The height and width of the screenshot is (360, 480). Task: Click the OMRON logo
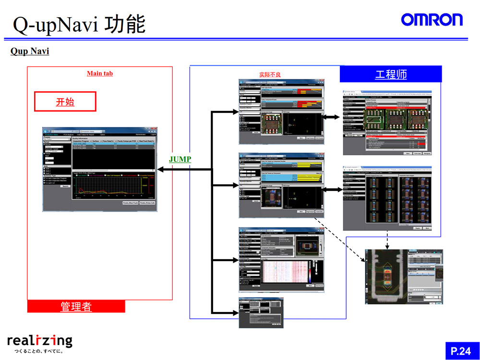tap(432, 19)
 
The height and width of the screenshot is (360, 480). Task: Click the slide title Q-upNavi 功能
tap(79, 24)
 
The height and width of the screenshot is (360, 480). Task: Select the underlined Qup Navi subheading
tap(30, 51)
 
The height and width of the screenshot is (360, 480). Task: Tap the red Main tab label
tap(100, 73)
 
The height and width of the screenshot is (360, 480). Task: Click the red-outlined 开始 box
tap(65, 102)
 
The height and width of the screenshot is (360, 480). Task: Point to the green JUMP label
tap(180, 159)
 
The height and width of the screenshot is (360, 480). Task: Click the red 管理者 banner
tap(76, 306)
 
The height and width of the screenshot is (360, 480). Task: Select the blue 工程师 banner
tap(391, 74)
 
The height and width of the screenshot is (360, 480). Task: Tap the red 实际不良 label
tap(270, 74)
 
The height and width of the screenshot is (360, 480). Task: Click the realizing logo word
tap(40, 341)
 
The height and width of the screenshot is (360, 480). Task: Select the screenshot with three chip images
tap(387, 122)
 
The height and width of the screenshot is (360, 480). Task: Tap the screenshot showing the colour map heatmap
tap(282, 259)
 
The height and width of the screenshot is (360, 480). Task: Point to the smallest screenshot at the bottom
tap(260, 312)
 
